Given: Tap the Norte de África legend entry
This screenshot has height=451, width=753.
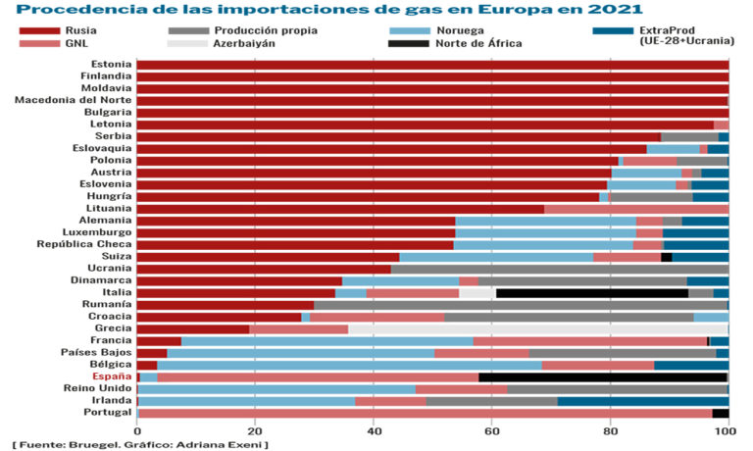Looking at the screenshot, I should tap(478, 44).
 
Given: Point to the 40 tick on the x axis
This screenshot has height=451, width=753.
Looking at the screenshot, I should tap(374, 430).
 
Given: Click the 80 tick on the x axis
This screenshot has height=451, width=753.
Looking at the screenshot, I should tap(611, 430).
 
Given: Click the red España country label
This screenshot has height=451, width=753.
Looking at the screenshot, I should tap(112, 376).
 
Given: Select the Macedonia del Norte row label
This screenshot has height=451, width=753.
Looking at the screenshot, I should tap(74, 100).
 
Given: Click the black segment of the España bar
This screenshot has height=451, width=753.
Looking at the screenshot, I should tap(602, 376).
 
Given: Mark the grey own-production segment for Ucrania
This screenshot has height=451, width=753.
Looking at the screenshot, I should tap(559, 269).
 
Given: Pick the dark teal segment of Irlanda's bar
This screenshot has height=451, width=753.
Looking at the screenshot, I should tap(642, 400).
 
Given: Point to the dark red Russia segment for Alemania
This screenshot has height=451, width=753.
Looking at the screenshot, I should tap(295, 221).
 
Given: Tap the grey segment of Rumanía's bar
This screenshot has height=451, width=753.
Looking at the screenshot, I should tap(520, 304).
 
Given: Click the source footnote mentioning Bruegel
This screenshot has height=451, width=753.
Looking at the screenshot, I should tap(141, 444).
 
